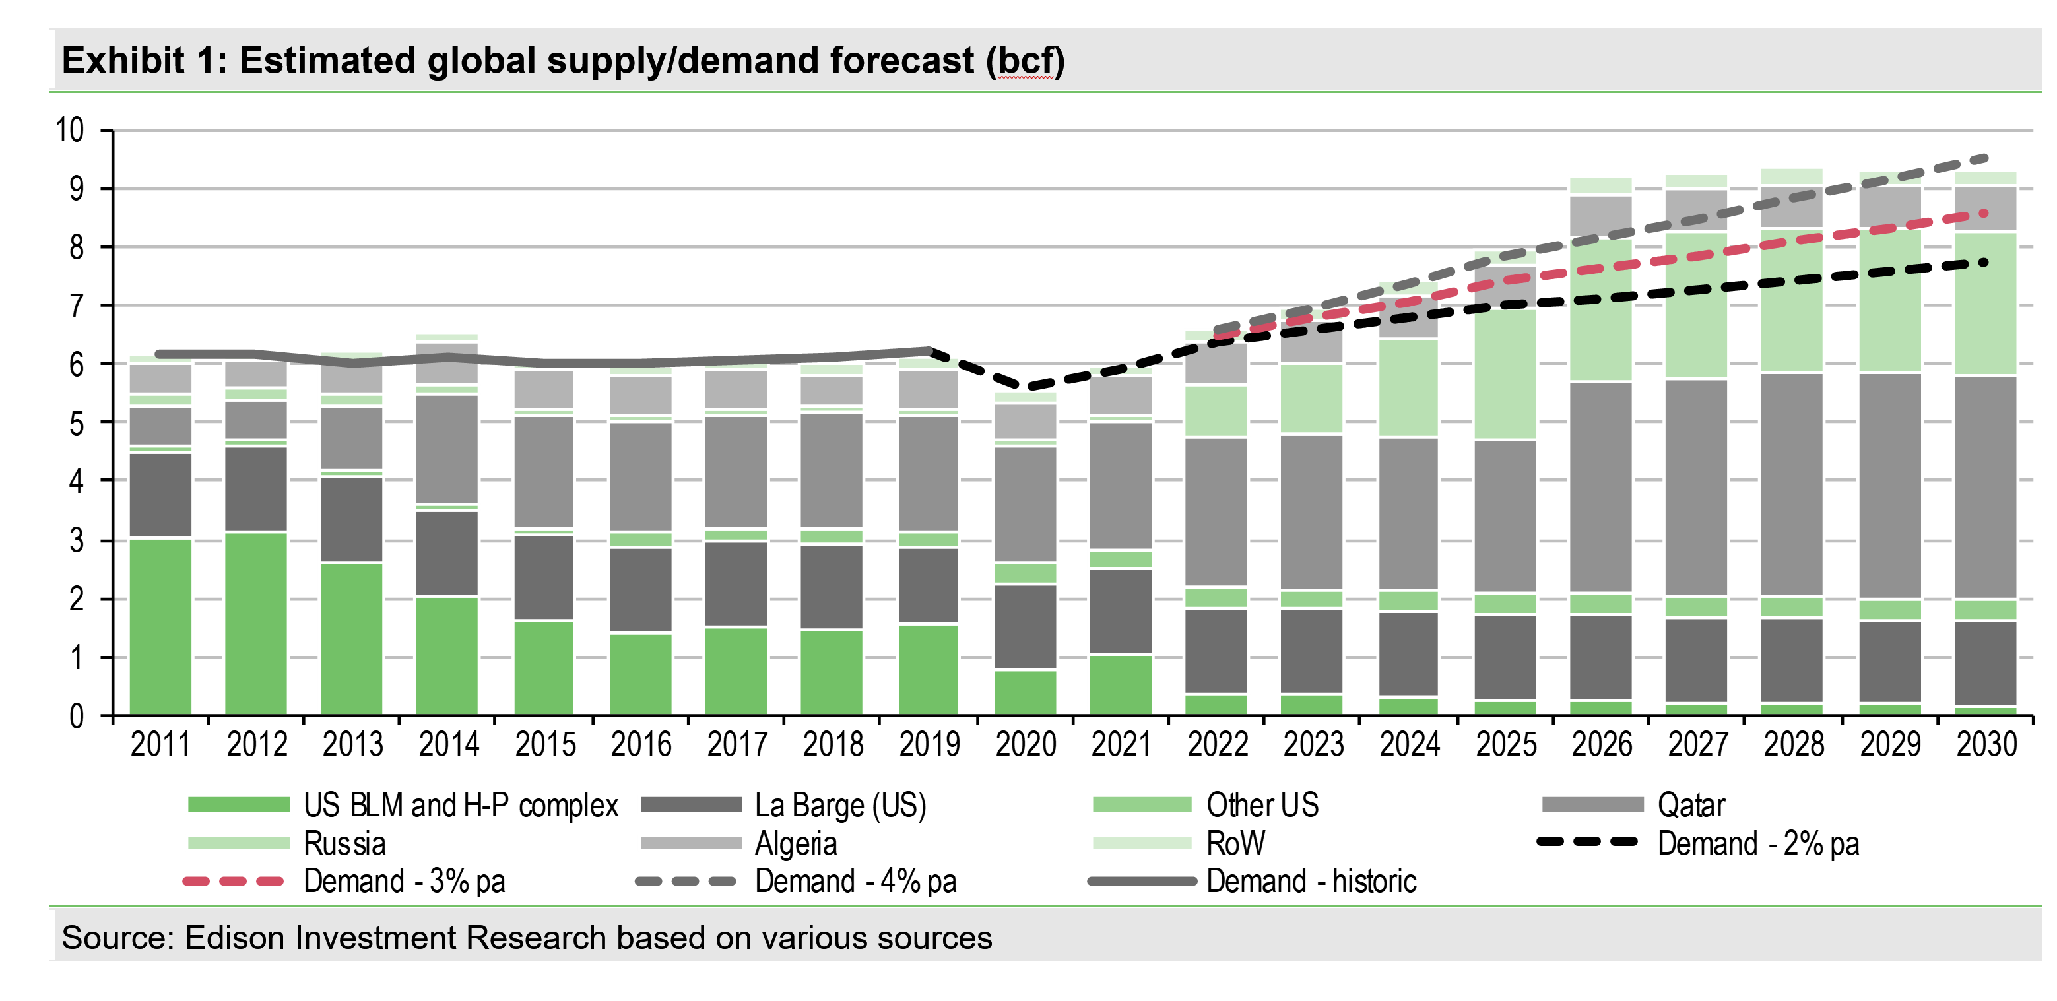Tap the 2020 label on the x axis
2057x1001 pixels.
click(x=1026, y=745)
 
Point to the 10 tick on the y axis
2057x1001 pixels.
click(x=69, y=130)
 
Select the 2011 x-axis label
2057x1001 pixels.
click(x=160, y=745)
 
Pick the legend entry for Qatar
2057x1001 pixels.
click(x=1691, y=804)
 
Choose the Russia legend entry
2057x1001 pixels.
click(x=344, y=843)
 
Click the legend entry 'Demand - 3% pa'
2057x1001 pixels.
click(x=404, y=882)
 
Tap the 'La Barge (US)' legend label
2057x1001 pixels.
click(x=840, y=804)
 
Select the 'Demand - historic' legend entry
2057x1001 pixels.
click(x=1311, y=882)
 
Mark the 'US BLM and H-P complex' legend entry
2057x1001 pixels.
click(x=460, y=804)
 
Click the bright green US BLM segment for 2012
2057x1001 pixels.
click(x=256, y=623)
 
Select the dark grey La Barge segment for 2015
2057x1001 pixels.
click(x=544, y=577)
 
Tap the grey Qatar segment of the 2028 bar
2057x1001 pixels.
click(x=1792, y=484)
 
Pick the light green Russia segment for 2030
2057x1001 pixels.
click(x=1986, y=304)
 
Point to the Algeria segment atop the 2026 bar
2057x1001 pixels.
click(x=1601, y=216)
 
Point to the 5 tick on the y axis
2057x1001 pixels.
click(x=76, y=422)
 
